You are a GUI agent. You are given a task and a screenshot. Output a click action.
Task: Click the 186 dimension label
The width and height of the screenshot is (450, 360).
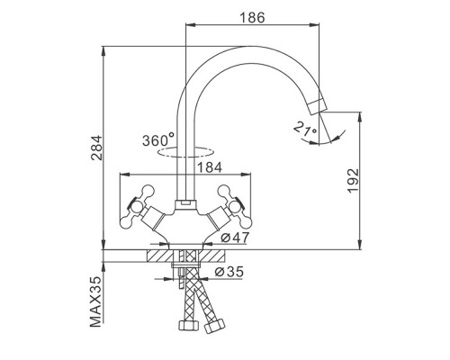tap(252, 18)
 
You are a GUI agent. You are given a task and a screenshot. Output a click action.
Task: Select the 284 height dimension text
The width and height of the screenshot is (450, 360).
tap(96, 148)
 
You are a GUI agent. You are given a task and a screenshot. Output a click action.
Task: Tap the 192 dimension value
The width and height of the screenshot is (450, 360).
tap(353, 181)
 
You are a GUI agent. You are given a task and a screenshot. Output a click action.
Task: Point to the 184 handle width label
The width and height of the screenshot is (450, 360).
tap(210, 167)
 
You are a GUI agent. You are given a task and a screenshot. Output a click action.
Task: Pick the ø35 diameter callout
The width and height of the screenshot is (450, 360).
tap(229, 272)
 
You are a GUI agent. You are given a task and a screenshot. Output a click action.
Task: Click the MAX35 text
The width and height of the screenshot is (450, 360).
tap(96, 302)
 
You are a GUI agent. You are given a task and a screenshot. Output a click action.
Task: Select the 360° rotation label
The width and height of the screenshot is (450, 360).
tap(158, 140)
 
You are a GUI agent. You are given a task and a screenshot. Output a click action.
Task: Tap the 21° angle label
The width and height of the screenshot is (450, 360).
tap(305, 129)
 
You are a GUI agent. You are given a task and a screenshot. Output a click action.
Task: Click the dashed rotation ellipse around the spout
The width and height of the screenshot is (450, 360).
tap(185, 157)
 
